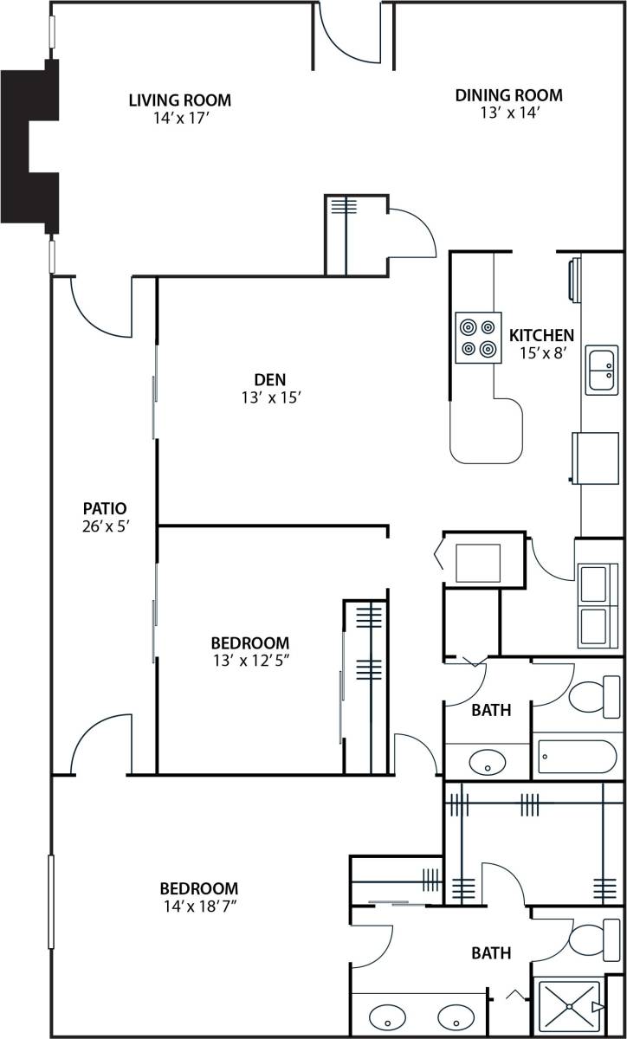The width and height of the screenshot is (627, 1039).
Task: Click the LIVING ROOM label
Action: click(179, 100)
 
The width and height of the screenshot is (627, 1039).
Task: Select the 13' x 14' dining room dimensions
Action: click(508, 113)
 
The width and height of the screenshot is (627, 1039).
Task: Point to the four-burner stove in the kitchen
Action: click(479, 338)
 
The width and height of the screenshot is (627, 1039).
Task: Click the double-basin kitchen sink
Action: click(601, 370)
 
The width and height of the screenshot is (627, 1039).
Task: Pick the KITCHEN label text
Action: click(541, 335)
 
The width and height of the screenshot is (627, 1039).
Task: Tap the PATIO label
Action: click(105, 508)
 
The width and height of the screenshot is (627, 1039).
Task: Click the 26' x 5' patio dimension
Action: click(105, 525)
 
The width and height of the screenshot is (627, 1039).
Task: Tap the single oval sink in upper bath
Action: click(488, 763)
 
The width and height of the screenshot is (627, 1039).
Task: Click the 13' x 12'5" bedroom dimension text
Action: click(249, 660)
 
